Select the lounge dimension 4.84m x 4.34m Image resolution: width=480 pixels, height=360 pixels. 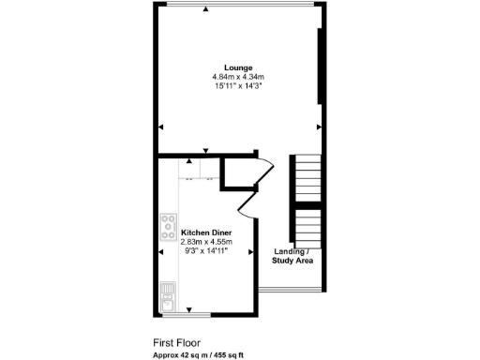point(239,77)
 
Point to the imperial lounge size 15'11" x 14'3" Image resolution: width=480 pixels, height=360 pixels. point(239,86)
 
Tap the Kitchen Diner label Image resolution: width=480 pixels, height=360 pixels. point(206,232)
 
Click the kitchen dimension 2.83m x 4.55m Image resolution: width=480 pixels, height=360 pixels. point(206,241)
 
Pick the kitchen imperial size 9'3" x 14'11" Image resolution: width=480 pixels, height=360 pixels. point(206,250)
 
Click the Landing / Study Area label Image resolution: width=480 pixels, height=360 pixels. point(292,256)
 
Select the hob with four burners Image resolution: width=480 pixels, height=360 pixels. point(169,224)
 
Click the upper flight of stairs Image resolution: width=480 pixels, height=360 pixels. point(307,177)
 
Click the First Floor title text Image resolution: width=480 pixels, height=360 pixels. point(177,343)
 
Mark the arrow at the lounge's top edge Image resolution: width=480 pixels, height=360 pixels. point(206,9)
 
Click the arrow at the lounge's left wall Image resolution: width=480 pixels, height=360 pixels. point(161,126)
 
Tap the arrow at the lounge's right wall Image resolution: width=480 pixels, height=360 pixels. point(319,126)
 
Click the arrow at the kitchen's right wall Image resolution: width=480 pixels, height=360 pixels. point(249,251)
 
